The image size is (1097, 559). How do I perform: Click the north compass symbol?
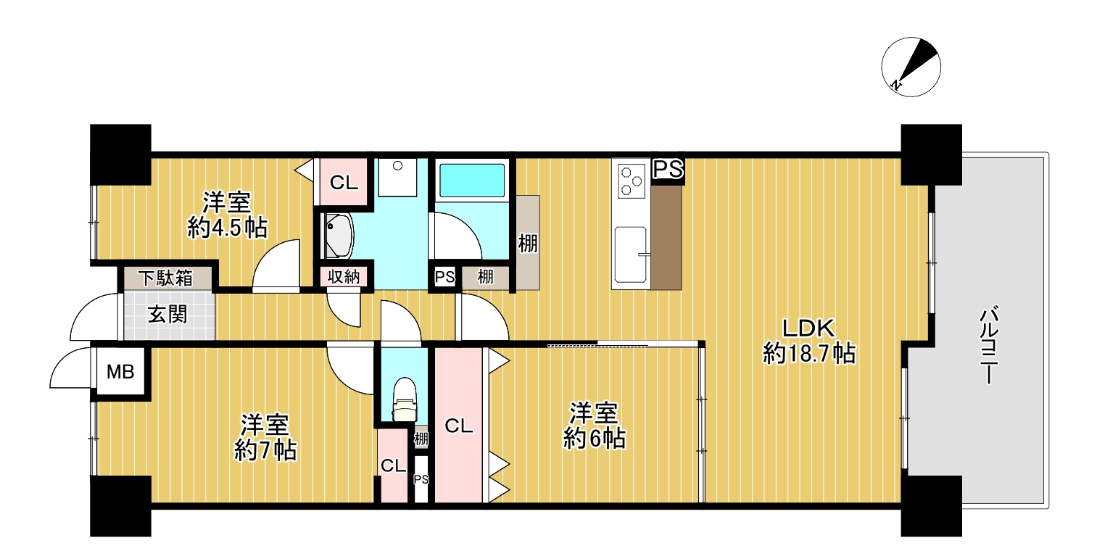tap(911, 67)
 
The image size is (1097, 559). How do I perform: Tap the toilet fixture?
tap(405, 399)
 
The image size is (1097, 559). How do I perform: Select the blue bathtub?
tap(471, 180)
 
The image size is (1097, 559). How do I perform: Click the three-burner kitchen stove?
tap(631, 181)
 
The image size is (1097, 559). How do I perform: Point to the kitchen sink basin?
tap(630, 254)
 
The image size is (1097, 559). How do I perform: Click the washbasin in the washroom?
tap(339, 236)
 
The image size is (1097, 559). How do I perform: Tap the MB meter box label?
tap(120, 372)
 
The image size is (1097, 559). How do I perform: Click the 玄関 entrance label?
tap(167, 315)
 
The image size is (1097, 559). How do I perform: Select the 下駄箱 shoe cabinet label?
tap(165, 278)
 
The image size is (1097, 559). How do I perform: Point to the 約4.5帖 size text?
tap(228, 228)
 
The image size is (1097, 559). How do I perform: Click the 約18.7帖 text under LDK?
tap(809, 353)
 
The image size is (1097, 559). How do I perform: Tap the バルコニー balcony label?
tap(989, 345)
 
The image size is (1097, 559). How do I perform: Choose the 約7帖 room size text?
tap(265, 450)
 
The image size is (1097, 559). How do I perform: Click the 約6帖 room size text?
tap(594, 439)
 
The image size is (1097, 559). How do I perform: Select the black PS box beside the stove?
tap(668, 171)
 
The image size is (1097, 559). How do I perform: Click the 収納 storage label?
tap(344, 277)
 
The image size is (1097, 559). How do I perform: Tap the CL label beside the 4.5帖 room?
tap(343, 183)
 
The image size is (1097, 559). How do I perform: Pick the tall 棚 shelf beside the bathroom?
tap(527, 242)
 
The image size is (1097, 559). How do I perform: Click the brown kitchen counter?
tap(666, 238)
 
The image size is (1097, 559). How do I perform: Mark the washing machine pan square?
tap(397, 178)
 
